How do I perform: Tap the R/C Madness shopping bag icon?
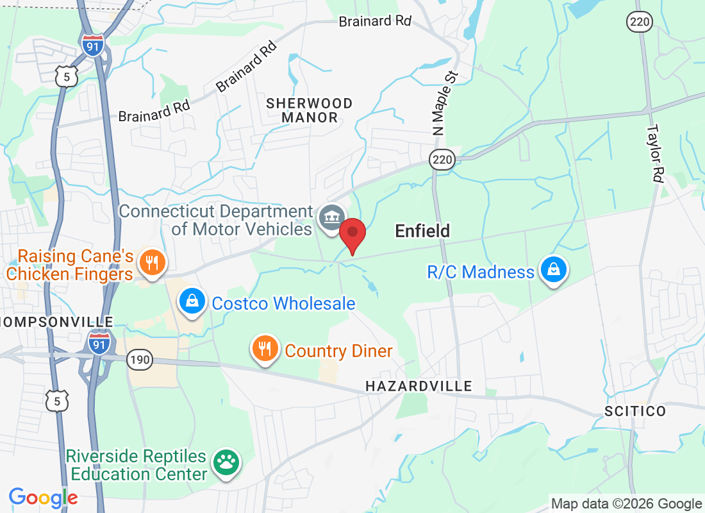tap(552, 271)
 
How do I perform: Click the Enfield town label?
tap(422, 231)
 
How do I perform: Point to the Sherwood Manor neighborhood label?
tap(310, 110)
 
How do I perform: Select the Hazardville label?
tap(419, 386)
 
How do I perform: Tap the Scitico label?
tap(635, 411)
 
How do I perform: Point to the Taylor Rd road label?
tap(654, 153)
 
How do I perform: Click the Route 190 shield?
tap(139, 360)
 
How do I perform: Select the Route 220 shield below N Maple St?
tap(442, 160)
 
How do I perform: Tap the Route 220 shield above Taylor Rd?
tap(640, 22)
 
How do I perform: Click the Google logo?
tap(44, 497)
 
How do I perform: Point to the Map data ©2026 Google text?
tap(626, 504)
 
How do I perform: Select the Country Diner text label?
tap(338, 351)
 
